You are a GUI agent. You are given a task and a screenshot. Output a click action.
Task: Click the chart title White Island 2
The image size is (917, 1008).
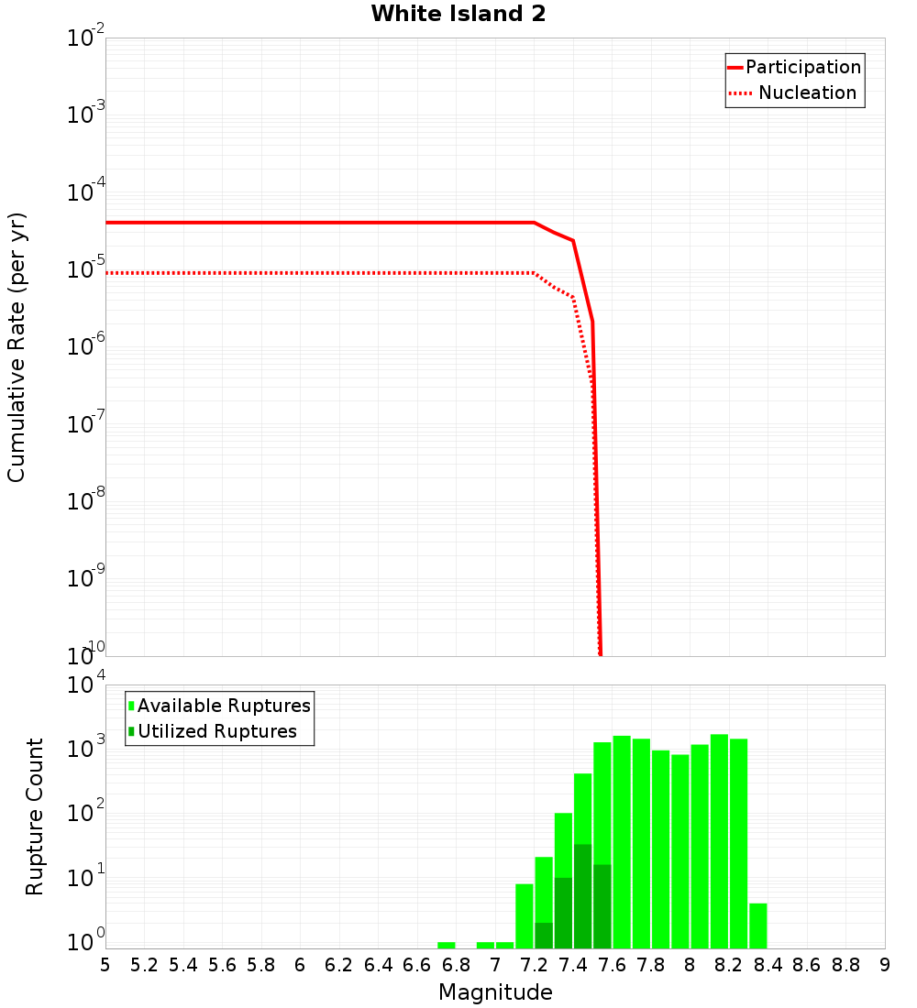(x=458, y=15)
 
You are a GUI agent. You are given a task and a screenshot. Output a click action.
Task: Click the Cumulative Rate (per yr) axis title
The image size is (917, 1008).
(x=17, y=346)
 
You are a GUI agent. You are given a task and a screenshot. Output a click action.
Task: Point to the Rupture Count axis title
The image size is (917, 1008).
(x=35, y=816)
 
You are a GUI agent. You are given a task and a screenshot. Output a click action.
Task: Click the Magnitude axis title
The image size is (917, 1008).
(x=495, y=992)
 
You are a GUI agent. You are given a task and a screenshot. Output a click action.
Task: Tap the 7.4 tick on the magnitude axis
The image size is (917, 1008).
(x=573, y=965)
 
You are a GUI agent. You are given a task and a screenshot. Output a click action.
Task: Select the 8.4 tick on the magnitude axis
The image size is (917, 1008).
(x=768, y=965)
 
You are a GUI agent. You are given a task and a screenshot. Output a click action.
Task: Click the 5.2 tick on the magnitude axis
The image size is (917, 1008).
(x=144, y=965)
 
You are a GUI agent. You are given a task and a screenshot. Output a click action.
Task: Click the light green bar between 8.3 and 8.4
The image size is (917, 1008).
(x=758, y=926)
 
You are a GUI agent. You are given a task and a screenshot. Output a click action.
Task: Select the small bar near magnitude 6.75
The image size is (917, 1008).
(x=447, y=945)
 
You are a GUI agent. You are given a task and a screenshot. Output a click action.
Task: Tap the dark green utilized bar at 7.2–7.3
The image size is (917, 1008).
(x=544, y=936)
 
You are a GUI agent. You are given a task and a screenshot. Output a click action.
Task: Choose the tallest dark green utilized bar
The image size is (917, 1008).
(x=582, y=896)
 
